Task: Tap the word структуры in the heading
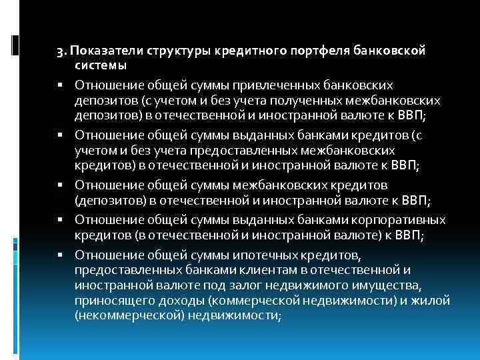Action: click(171, 51)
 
